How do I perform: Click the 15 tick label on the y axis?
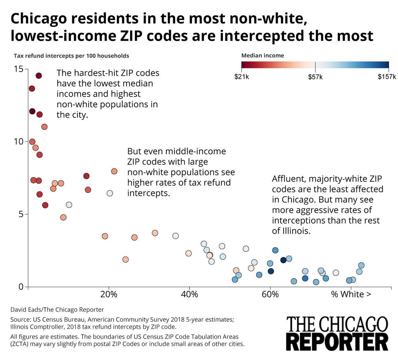tap(19, 69)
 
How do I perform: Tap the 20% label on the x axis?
tap(109, 295)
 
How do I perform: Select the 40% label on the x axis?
tap(190, 295)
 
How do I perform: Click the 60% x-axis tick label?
tap(270, 295)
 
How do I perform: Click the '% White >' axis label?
tap(351, 295)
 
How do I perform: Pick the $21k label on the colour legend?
tap(241, 77)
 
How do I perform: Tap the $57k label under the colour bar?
tap(315, 77)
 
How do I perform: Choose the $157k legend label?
tap(387, 77)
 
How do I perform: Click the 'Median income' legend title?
tap(262, 56)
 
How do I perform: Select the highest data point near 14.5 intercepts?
tap(39, 76)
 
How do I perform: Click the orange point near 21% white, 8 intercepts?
tap(114, 171)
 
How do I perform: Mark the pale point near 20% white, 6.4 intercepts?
tap(110, 193)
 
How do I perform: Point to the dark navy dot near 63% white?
tap(283, 260)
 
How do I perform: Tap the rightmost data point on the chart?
tap(361, 265)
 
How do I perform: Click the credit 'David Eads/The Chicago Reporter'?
tap(57, 310)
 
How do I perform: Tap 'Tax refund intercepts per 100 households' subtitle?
tap(71, 56)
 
